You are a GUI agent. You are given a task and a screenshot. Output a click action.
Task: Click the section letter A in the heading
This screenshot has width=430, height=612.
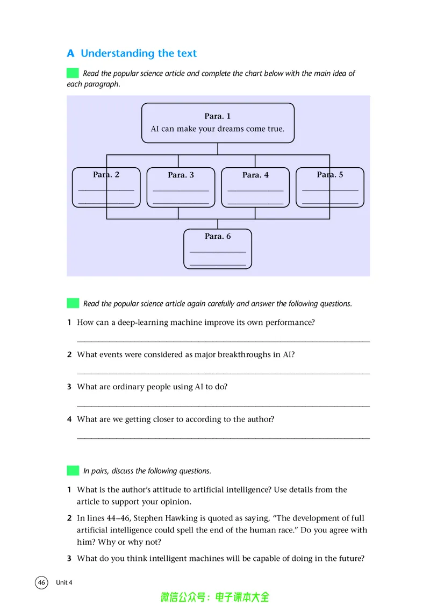tap(70, 53)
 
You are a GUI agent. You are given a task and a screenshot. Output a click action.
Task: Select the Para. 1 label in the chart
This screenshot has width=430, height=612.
tap(217, 116)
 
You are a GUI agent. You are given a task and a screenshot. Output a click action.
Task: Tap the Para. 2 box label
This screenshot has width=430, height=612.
tap(106, 174)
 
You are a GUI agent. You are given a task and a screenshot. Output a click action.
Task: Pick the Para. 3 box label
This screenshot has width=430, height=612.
tap(181, 175)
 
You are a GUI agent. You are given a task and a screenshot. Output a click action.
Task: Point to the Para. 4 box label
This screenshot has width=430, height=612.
tap(255, 175)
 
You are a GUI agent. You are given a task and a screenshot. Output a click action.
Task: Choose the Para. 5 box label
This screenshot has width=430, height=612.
tap(329, 174)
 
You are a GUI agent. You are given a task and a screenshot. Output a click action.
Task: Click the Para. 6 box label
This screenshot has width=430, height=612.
tap(218, 236)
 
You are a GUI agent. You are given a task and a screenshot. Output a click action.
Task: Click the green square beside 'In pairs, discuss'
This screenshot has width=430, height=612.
tap(73, 471)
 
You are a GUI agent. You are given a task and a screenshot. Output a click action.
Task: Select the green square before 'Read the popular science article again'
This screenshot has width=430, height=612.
tap(73, 303)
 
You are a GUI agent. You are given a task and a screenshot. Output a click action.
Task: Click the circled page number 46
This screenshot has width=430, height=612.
tap(42, 582)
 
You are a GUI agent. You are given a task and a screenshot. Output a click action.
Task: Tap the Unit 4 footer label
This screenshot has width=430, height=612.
tap(64, 582)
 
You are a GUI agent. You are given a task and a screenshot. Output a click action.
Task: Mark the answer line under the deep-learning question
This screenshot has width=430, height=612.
tap(223, 341)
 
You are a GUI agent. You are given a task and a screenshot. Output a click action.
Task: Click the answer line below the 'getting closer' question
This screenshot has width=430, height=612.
tap(223, 438)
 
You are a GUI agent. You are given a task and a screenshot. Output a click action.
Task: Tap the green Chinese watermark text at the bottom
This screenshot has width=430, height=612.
tap(215, 597)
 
